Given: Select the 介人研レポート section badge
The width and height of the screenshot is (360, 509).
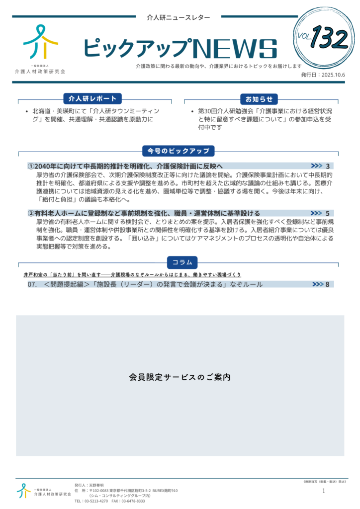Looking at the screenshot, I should click(92, 99).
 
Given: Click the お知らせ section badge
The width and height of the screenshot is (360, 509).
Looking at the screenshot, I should click(258, 99).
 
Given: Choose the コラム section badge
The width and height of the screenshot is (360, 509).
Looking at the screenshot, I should click(182, 262).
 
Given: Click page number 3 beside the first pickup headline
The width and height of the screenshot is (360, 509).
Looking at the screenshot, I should click(328, 166).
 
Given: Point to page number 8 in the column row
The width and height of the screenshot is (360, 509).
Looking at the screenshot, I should click(328, 284).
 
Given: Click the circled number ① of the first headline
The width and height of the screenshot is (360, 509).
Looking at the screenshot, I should click(31, 166).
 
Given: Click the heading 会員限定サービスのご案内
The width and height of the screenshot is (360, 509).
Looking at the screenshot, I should click(180, 377).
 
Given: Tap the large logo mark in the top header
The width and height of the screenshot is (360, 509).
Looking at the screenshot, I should click(40, 42).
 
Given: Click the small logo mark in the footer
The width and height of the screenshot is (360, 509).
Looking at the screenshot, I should click(23, 491).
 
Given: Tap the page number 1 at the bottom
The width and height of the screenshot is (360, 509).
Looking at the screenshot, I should click(324, 491).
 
